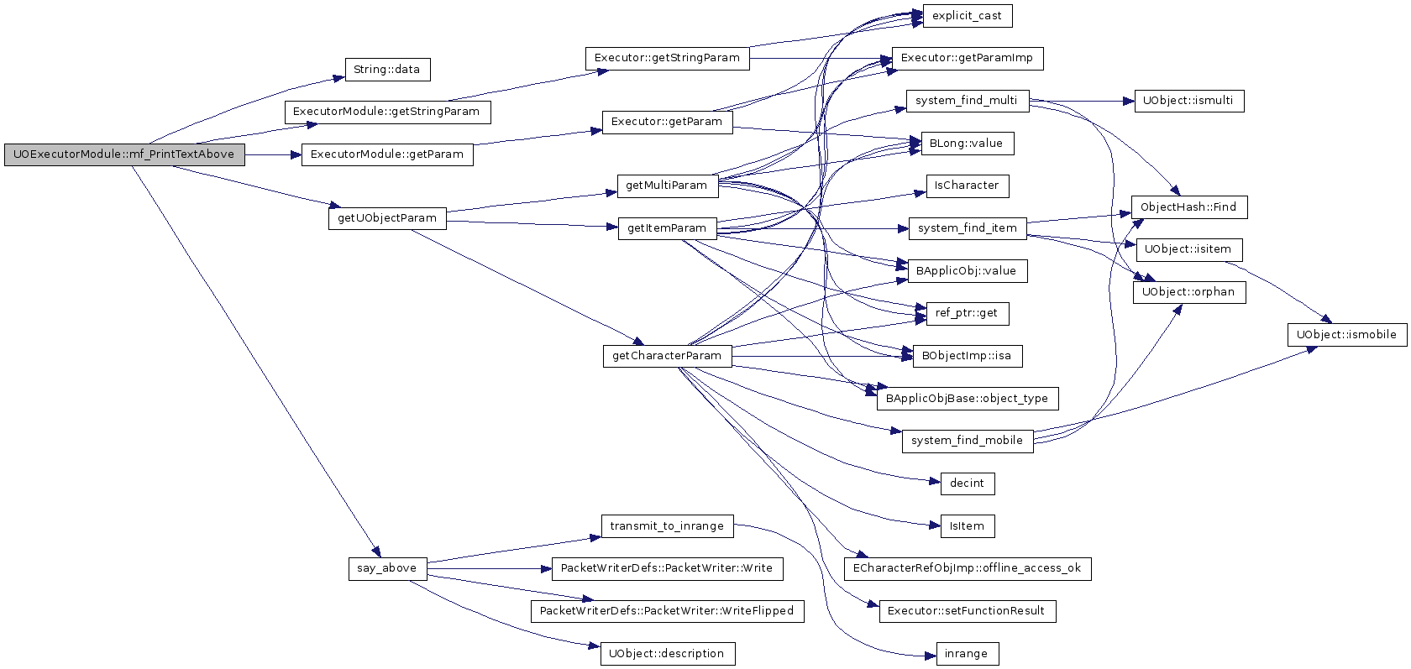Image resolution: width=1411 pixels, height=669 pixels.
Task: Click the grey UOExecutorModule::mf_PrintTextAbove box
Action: click(x=124, y=154)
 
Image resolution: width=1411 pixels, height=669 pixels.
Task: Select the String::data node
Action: click(x=387, y=70)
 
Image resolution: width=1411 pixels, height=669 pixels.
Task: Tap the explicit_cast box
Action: click(x=968, y=16)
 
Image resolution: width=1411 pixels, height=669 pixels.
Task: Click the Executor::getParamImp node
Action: click(x=968, y=59)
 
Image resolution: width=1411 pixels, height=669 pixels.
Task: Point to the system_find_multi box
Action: click(x=968, y=101)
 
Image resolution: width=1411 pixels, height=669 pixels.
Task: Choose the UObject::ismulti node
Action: click(x=1189, y=101)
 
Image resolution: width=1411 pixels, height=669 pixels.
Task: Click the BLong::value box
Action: click(x=968, y=144)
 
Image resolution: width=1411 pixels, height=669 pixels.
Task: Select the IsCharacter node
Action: click(x=968, y=186)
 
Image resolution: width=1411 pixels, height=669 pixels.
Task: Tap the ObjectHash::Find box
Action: click(x=1189, y=207)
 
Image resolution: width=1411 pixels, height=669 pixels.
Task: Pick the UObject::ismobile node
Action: click(x=1347, y=335)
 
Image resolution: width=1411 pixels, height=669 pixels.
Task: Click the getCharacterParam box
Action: click(x=668, y=356)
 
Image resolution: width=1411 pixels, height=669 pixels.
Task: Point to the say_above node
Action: click(x=387, y=568)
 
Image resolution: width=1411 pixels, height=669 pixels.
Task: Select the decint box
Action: click(x=968, y=483)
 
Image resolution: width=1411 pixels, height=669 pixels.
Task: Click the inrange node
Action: click(x=968, y=654)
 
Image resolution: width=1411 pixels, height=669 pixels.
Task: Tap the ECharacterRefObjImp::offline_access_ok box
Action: click(x=968, y=568)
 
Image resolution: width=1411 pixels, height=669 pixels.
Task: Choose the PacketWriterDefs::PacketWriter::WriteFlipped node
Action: click(x=668, y=611)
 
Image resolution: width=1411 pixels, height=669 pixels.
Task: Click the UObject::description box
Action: click(x=668, y=654)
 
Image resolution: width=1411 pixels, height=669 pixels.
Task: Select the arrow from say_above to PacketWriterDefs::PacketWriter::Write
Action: click(x=490, y=569)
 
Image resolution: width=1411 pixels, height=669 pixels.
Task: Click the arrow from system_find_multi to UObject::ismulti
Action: click(x=1082, y=101)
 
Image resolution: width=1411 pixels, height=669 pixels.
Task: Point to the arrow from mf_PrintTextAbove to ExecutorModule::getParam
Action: click(x=274, y=154)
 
